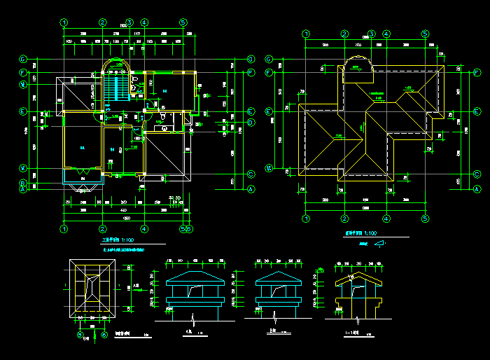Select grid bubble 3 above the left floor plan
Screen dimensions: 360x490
[x=129, y=22]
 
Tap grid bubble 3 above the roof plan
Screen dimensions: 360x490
[x=372, y=33]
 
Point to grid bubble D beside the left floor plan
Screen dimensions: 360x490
[x=251, y=122]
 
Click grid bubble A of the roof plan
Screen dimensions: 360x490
[x=477, y=189]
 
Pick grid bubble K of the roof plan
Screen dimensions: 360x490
[x=269, y=168]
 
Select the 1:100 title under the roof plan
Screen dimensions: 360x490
[x=360, y=233]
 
